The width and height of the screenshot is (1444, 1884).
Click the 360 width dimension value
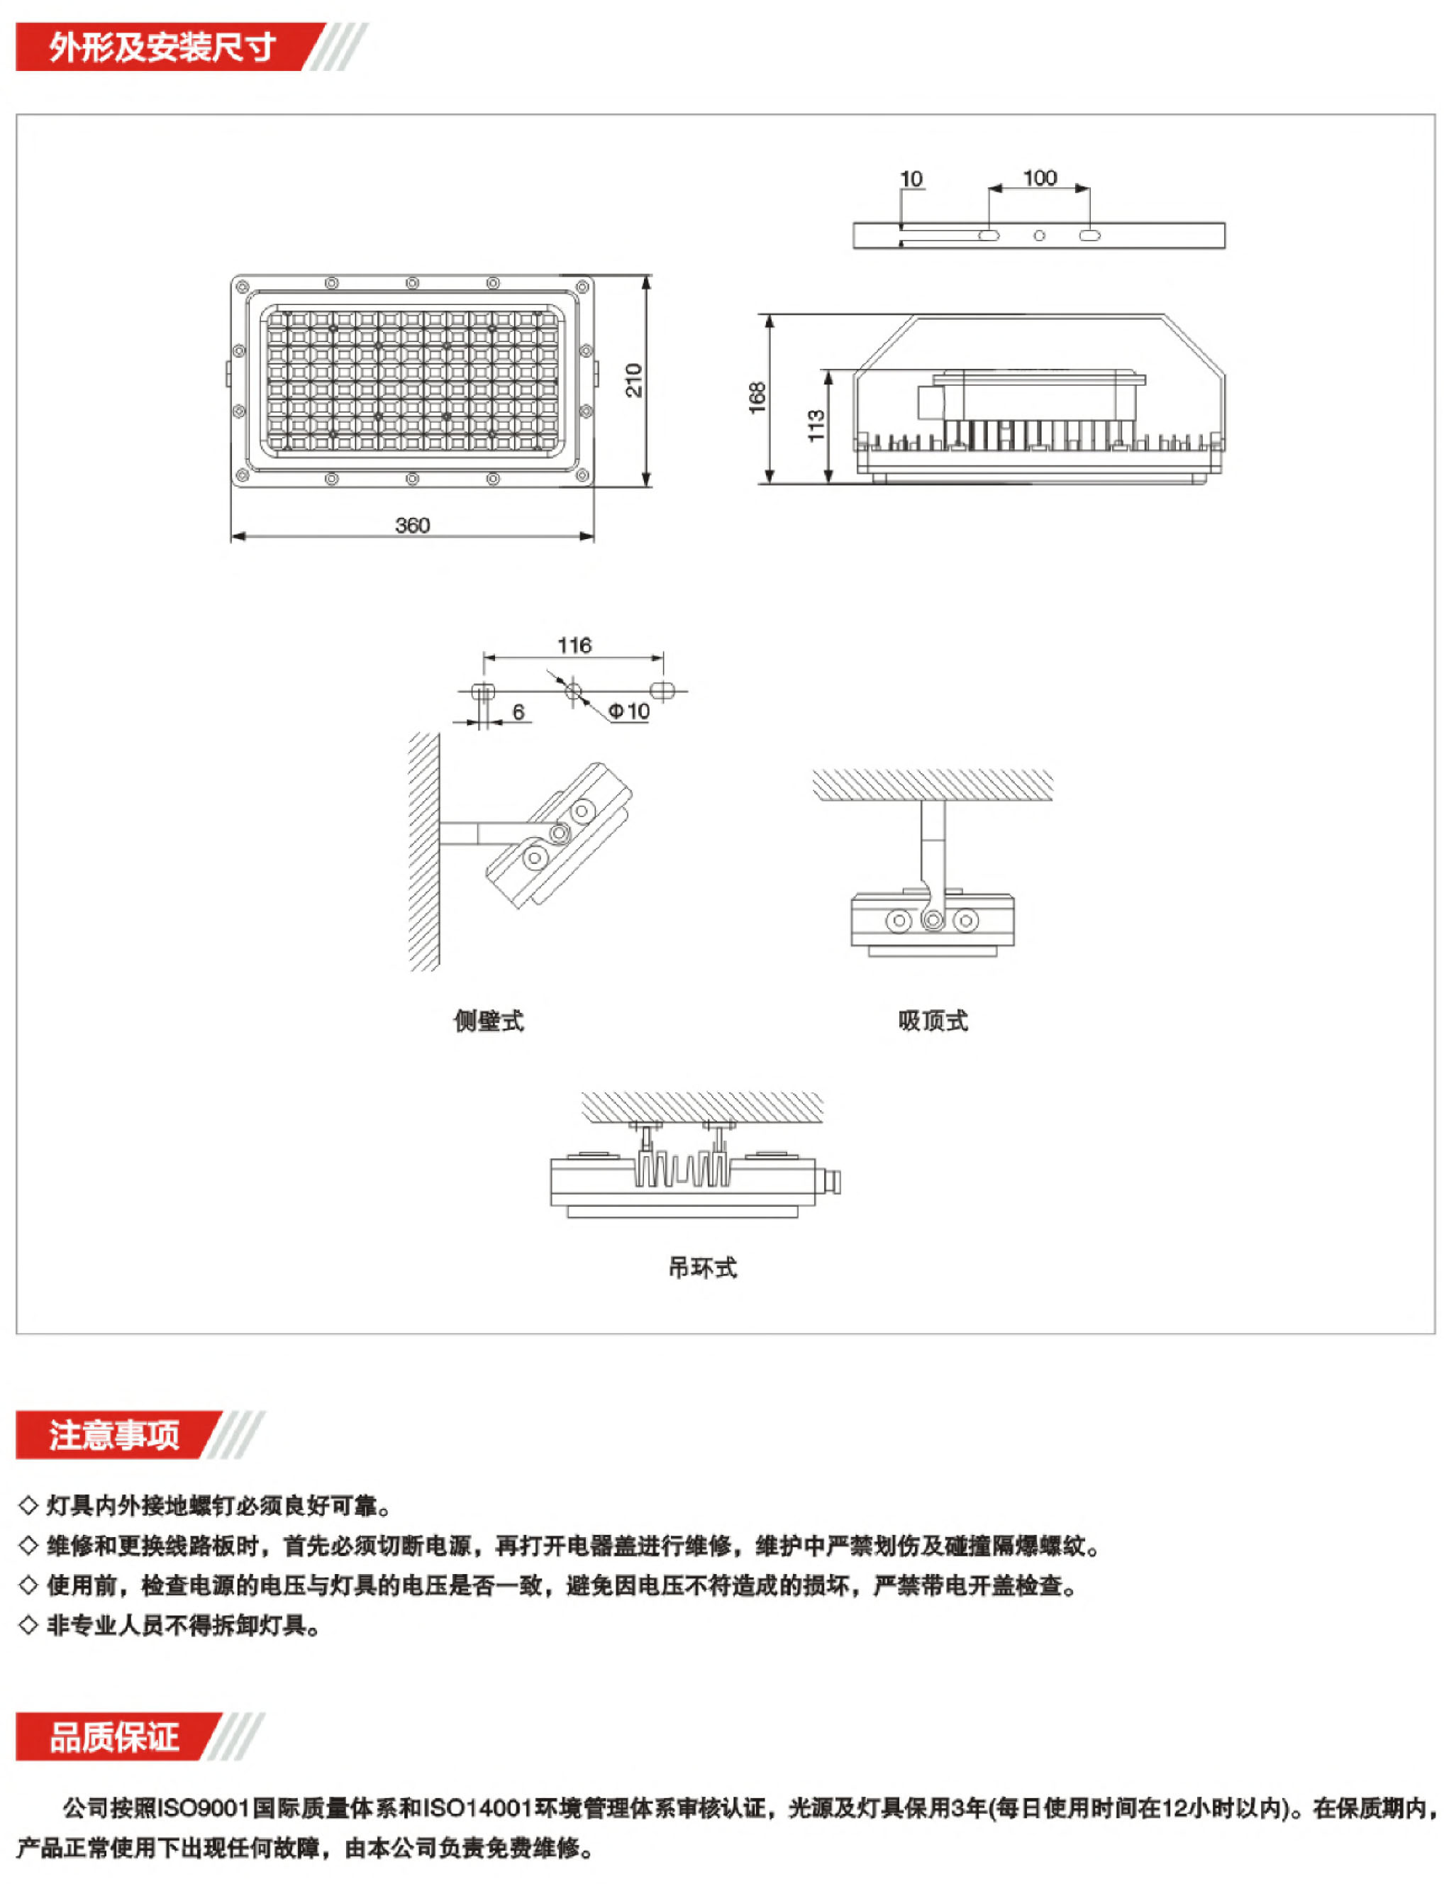[412, 525]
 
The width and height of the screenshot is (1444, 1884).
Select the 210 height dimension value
[633, 380]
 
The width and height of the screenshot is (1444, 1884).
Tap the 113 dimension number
[816, 426]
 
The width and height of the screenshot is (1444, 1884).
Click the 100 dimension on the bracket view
[1039, 178]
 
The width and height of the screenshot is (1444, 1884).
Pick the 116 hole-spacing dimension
[574, 645]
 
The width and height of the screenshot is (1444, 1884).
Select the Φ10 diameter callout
[628, 711]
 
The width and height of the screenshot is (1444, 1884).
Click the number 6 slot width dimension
[518, 711]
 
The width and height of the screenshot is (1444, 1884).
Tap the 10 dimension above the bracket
[911, 179]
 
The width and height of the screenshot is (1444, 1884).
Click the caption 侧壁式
[488, 1021]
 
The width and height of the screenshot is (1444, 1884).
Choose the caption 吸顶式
[933, 1021]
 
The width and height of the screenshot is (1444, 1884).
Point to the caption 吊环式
[702, 1268]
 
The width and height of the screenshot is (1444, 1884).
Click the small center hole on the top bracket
[1039, 236]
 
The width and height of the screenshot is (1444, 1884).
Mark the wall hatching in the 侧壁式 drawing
[423, 851]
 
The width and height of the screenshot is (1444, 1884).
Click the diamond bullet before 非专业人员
[28, 1625]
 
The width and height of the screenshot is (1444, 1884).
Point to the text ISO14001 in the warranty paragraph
[477, 1808]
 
